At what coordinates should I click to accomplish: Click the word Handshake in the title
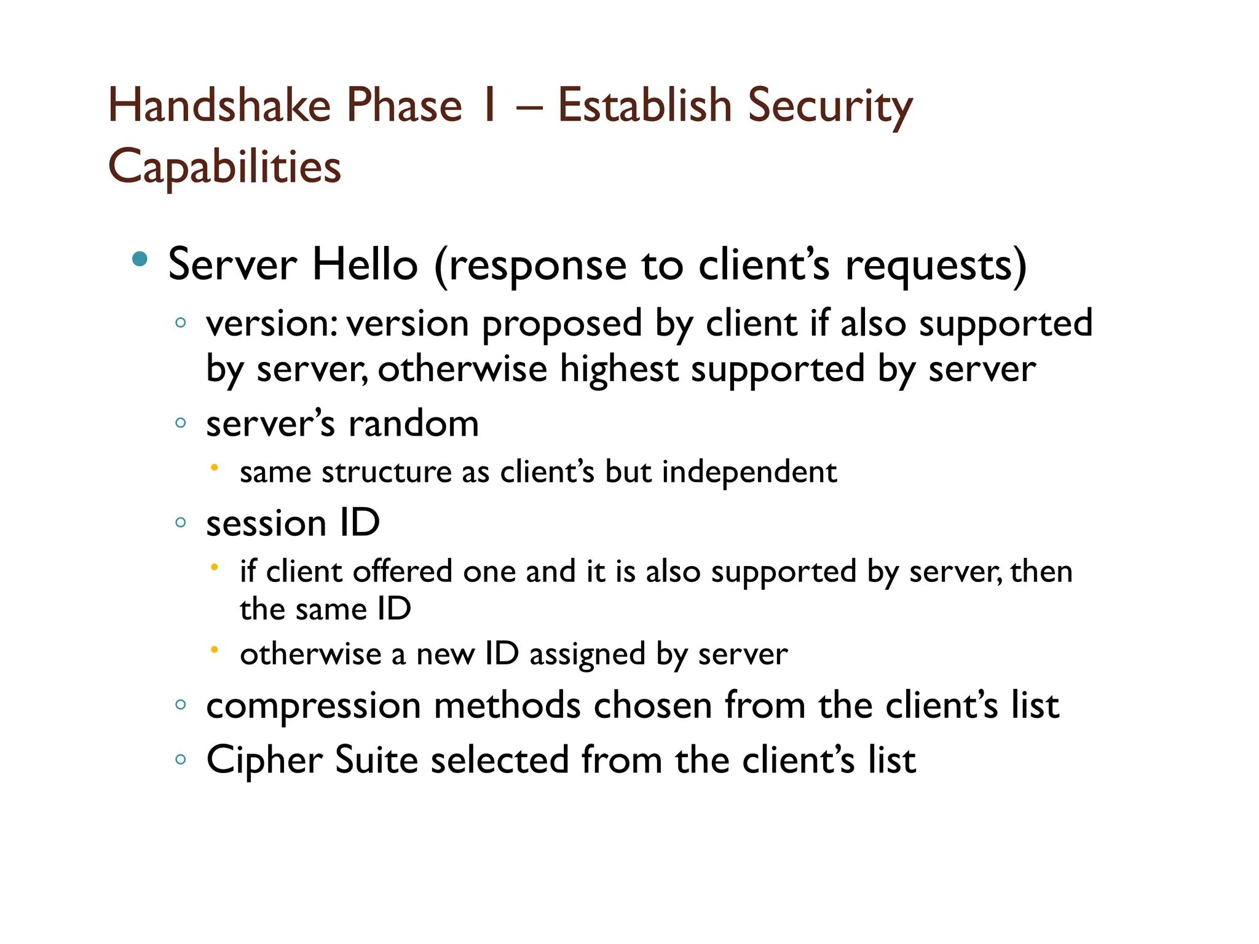point(219,105)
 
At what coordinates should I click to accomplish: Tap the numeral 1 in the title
point(489,105)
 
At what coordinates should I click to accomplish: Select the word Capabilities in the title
point(224,167)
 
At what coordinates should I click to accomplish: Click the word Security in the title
point(830,105)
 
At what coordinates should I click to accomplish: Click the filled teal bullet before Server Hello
point(140,259)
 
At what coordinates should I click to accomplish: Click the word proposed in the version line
point(561,324)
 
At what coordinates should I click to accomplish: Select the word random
point(413,424)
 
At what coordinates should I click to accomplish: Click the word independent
point(749,472)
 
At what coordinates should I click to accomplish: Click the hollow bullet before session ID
point(180,522)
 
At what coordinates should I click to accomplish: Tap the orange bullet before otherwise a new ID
point(214,650)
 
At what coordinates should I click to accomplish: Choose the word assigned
point(587,654)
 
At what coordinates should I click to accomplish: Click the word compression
point(314,706)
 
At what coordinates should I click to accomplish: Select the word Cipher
point(264,760)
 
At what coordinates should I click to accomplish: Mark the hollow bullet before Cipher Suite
point(180,760)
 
